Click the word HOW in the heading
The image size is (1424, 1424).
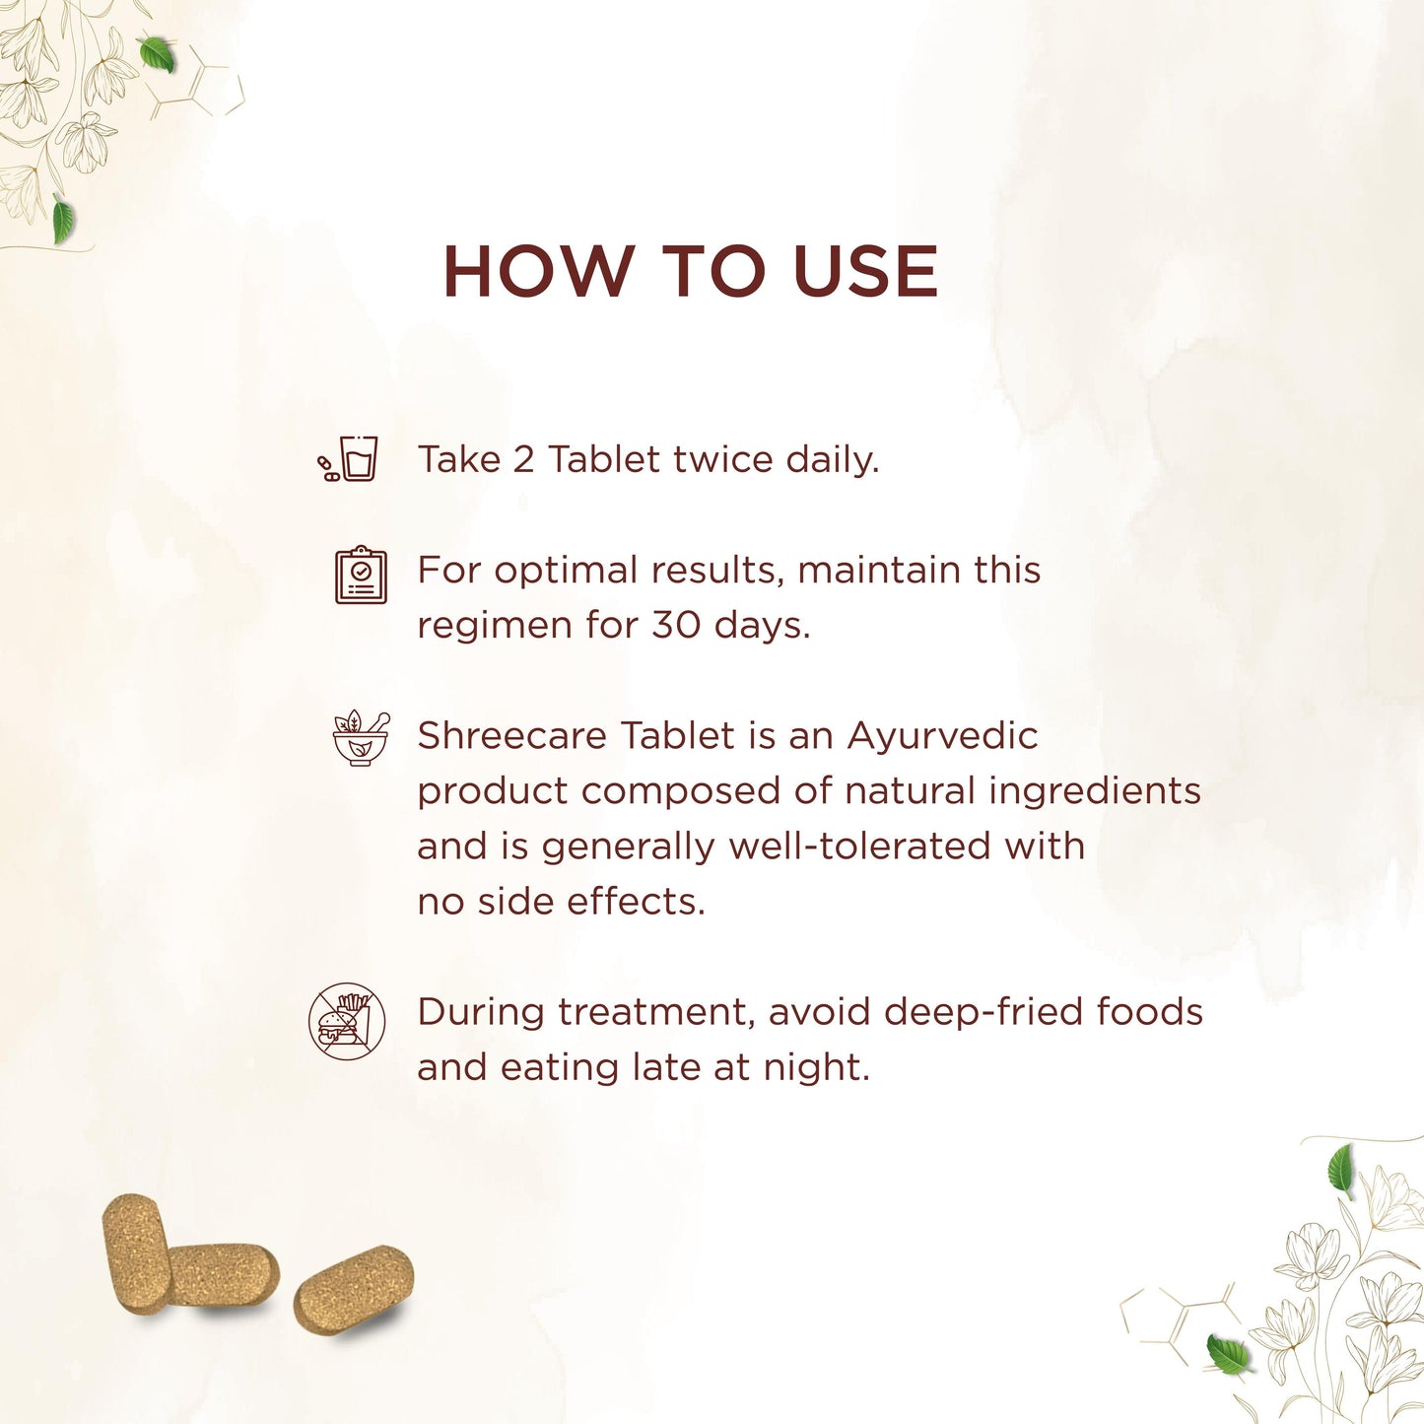pyautogui.click(x=539, y=271)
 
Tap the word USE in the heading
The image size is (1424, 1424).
pyautogui.click(x=865, y=271)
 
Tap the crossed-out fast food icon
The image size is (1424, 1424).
pyautogui.click(x=347, y=1022)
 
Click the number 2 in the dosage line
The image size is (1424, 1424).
pyautogui.click(x=523, y=459)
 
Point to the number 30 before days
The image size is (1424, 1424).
pyautogui.click(x=675, y=625)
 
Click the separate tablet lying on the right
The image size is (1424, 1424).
pyautogui.click(x=354, y=1290)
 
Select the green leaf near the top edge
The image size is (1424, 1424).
pyautogui.click(x=158, y=54)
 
